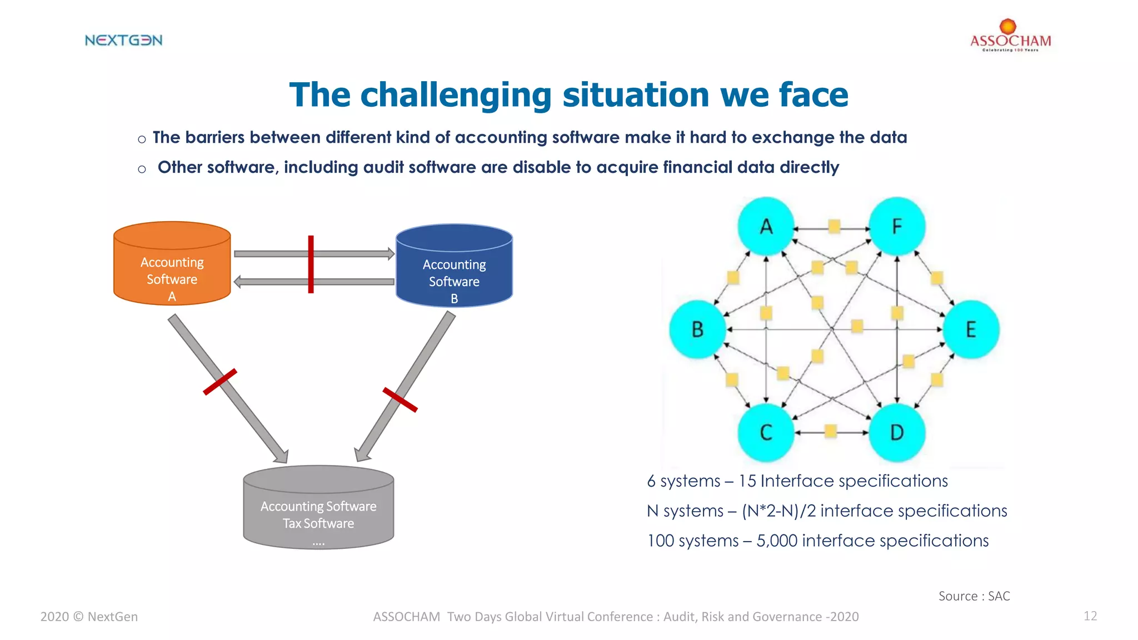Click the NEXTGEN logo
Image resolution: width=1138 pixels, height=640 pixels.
point(123,40)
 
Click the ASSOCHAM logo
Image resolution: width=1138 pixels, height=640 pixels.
point(1010,37)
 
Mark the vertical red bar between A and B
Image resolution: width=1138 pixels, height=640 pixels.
point(311,264)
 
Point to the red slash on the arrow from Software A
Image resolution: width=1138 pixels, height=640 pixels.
point(220,382)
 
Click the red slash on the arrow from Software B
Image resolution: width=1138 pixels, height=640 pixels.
point(400,399)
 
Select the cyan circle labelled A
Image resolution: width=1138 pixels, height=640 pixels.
point(766,226)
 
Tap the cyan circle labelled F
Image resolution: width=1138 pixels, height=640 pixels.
point(896,226)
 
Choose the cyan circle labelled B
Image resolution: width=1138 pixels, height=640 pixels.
point(697,329)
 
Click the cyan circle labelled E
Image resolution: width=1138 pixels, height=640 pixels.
point(971,329)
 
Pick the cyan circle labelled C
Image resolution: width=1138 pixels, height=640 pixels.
point(766,432)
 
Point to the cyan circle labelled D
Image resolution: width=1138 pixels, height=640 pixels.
point(896,432)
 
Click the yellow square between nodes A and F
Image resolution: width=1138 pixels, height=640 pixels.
point(834,226)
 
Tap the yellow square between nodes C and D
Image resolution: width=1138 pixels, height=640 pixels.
point(831,431)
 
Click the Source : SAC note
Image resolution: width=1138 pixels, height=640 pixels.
point(974,596)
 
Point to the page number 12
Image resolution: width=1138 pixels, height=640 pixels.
point(1090,616)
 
